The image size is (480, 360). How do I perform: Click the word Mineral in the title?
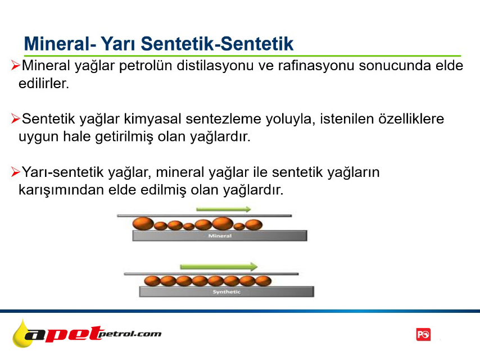tap(57, 43)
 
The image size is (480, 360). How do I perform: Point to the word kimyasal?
tap(152, 119)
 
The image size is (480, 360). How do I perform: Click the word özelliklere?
tap(411, 119)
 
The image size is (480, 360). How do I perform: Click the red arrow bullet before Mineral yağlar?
tap(15, 65)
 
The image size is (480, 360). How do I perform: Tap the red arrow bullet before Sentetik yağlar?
tap(15, 119)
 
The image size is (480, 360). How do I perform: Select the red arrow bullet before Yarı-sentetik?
tap(15, 172)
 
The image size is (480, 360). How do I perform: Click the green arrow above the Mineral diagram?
tap(224, 209)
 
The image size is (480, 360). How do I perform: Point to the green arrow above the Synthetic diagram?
tap(219, 267)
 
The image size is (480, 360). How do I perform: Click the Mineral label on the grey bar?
tap(220, 236)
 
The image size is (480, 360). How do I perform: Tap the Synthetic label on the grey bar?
tap(227, 292)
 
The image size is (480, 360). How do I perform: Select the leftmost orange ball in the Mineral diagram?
tap(143, 224)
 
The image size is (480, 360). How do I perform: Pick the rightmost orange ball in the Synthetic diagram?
tap(263, 281)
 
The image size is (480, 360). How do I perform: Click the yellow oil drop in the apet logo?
tap(22, 334)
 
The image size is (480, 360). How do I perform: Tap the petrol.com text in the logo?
tap(130, 334)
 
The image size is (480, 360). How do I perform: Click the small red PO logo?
tap(423, 335)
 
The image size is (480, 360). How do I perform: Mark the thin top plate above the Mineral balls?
tap(205, 216)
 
